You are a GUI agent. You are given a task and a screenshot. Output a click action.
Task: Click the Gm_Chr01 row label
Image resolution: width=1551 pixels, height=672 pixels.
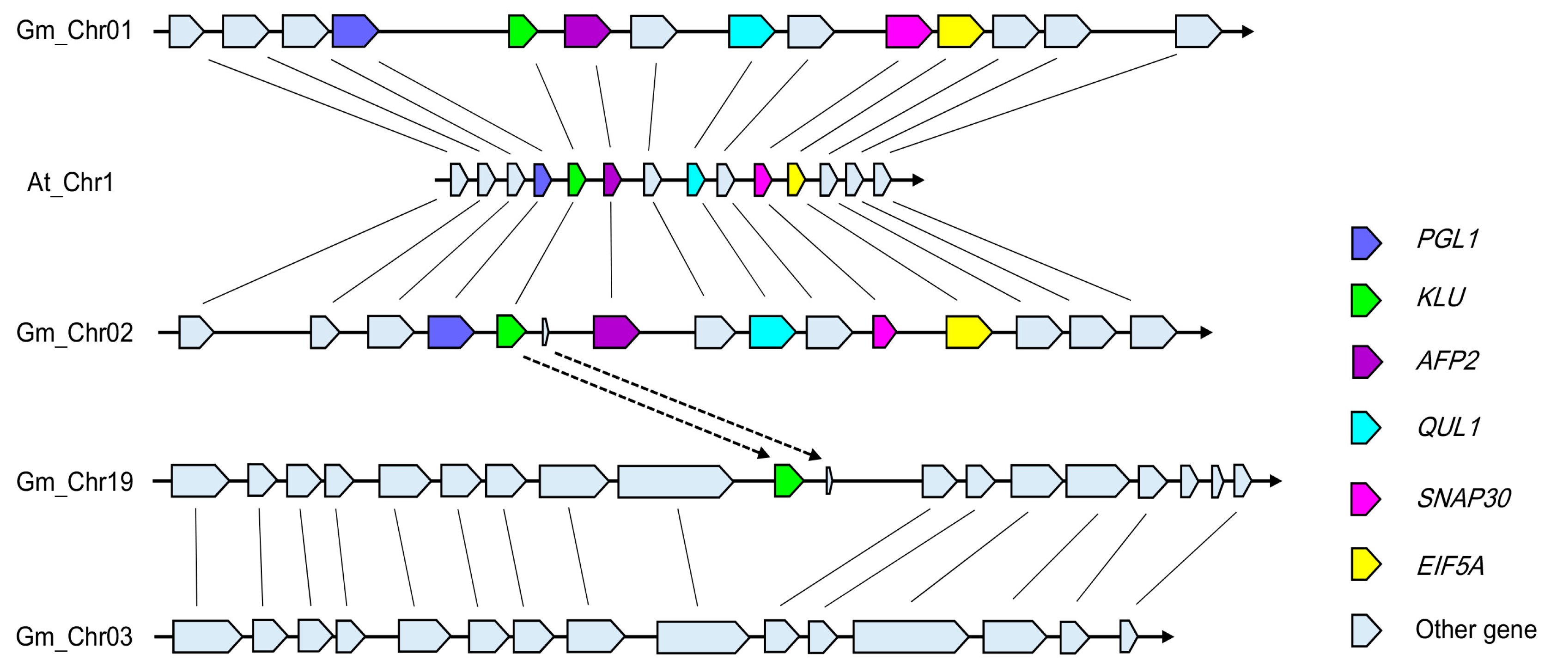(74, 30)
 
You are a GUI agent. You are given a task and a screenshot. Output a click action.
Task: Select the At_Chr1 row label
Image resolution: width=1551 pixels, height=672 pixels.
(70, 182)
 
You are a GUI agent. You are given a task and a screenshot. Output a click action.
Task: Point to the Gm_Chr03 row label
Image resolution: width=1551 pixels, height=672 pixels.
(74, 636)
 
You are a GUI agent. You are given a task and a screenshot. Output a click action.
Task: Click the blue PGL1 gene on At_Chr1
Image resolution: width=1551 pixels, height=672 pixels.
(542, 180)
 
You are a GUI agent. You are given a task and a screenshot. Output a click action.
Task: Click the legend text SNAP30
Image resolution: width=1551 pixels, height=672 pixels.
(1463, 499)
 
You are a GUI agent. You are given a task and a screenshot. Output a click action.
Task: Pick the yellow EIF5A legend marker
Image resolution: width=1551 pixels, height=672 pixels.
(1364, 564)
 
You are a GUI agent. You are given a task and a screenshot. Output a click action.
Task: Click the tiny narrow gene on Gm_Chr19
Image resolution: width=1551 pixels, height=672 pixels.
(829, 480)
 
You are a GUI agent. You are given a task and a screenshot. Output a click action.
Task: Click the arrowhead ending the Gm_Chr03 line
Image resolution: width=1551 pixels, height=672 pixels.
(1168, 636)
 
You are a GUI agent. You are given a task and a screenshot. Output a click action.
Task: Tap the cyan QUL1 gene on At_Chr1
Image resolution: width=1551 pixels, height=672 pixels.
(695, 180)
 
